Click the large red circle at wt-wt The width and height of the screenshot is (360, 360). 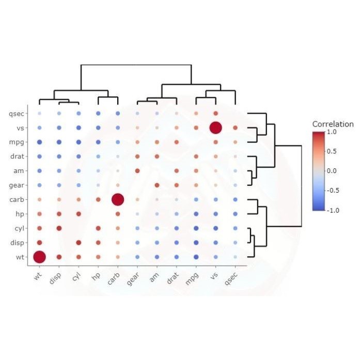pos(39,257)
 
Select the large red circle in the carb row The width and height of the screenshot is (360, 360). pos(117,199)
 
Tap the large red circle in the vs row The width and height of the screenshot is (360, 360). pos(215,128)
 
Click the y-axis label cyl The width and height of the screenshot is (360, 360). pos(17,228)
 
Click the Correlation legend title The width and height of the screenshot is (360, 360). pos(333,124)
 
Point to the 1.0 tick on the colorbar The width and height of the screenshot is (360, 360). pos(331,132)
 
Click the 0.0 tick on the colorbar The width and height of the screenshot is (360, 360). pos(331,171)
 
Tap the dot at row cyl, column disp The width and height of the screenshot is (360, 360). pos(59,228)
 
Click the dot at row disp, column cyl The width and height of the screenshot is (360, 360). pos(79,242)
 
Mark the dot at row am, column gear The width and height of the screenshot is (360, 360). pos(137,170)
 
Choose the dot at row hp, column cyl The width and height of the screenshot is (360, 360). pos(79,214)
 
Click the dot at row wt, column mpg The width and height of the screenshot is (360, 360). pos(196,257)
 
